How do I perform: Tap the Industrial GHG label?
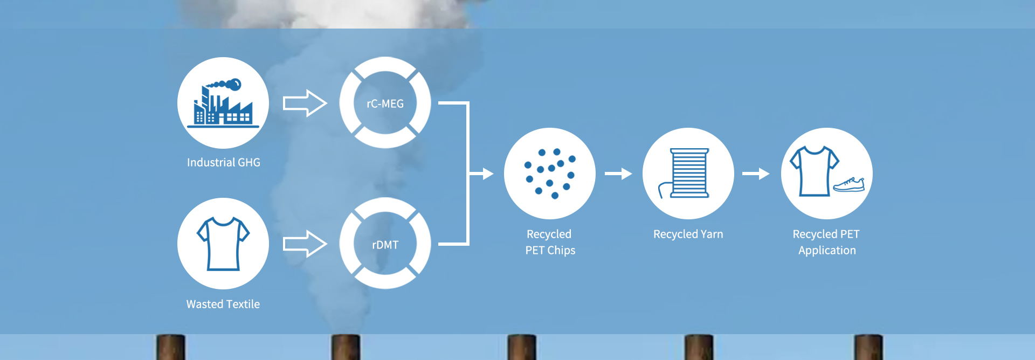224,162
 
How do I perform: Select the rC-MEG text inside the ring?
385,103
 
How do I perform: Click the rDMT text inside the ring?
385,245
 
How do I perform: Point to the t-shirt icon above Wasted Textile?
223,243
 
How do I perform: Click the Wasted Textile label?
223,304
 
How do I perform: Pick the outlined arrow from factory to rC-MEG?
305,103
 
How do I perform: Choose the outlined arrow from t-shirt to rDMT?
305,244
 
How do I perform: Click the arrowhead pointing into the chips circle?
487,174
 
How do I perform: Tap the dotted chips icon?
550,174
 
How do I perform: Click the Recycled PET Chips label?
550,242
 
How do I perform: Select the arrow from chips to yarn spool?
618,174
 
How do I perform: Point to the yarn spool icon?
688,174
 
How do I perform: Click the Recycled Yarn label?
688,234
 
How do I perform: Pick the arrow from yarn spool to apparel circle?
756,174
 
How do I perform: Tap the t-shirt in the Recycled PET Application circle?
814,171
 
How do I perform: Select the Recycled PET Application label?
827,242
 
